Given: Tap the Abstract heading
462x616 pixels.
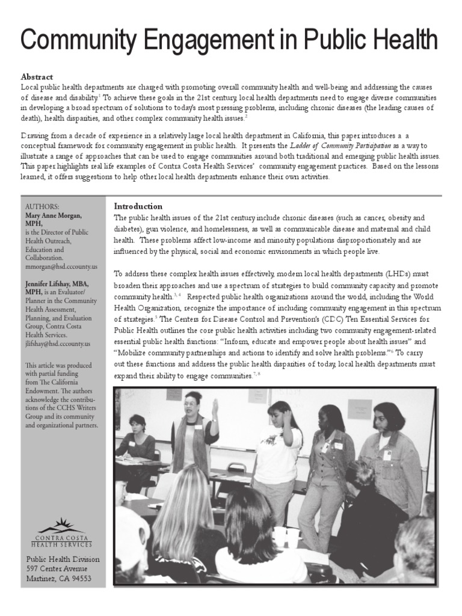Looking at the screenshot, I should (x=37, y=77).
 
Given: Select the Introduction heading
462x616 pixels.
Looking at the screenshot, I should (x=138, y=206).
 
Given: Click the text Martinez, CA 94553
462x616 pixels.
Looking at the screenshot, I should (x=59, y=579).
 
